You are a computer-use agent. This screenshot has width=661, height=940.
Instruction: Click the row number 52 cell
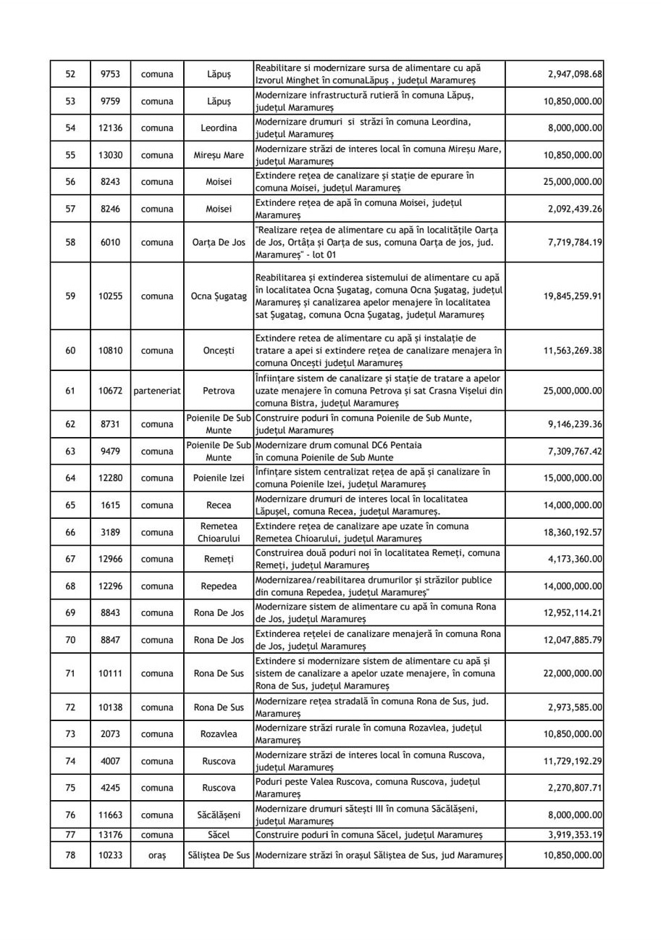70,74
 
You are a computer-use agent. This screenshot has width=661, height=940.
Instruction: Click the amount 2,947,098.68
573,74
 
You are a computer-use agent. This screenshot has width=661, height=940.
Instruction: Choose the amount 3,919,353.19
573,836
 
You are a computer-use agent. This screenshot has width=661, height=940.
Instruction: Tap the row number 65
70,504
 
